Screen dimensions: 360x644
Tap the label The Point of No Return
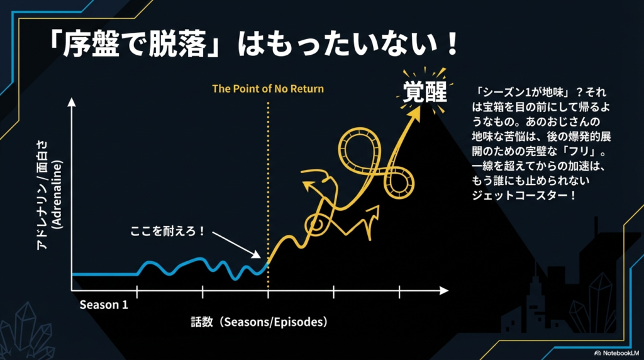268,89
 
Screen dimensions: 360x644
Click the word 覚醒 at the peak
425,94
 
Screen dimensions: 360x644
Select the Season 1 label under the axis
104,305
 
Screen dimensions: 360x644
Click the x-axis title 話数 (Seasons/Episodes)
260,322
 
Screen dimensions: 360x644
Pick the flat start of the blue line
104,274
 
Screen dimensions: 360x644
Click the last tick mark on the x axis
399,291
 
